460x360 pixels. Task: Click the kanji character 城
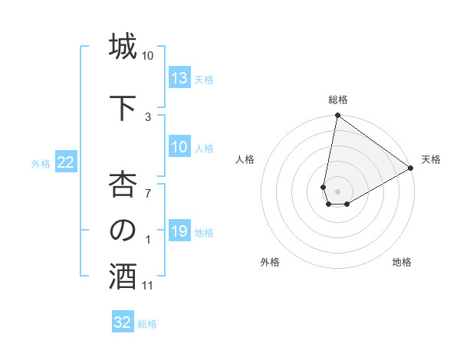point(122,47)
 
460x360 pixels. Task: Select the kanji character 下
point(122,106)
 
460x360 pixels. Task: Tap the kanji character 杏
point(122,183)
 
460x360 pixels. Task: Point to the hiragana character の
point(122,230)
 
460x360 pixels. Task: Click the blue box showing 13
point(179,77)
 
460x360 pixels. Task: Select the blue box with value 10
point(179,147)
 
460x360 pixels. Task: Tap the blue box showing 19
point(179,231)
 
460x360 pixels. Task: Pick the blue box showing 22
point(66,162)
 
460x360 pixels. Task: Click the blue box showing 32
point(123,322)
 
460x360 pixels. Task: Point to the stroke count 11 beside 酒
point(148,286)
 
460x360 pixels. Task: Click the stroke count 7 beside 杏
point(148,192)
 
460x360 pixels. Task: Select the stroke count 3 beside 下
point(148,116)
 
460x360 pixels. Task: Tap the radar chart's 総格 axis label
point(337,100)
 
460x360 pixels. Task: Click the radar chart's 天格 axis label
point(431,159)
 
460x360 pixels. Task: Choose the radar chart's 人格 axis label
point(245,159)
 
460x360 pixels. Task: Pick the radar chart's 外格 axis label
point(270,262)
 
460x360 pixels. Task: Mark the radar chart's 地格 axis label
point(402,262)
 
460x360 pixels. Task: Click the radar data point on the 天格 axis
point(411,169)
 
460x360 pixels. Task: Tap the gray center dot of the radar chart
point(337,190)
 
